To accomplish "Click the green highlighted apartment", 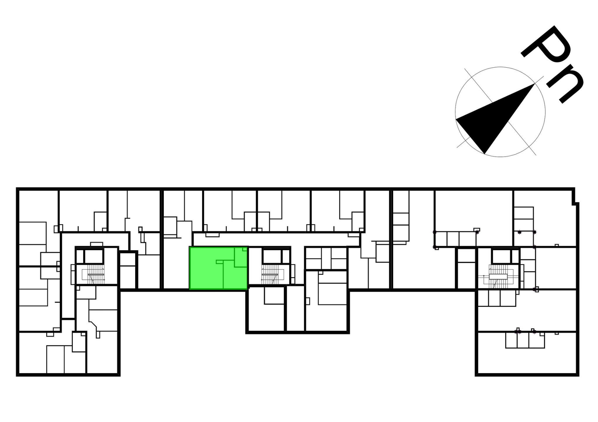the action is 218,268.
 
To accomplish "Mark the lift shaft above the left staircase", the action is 94,256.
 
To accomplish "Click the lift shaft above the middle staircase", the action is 272,256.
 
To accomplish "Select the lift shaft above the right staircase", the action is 501,256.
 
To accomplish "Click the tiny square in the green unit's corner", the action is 245,249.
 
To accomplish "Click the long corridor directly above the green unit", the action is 276,239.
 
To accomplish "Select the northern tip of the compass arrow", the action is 534,84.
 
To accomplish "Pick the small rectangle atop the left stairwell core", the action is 97,244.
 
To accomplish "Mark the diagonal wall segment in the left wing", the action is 93,324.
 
